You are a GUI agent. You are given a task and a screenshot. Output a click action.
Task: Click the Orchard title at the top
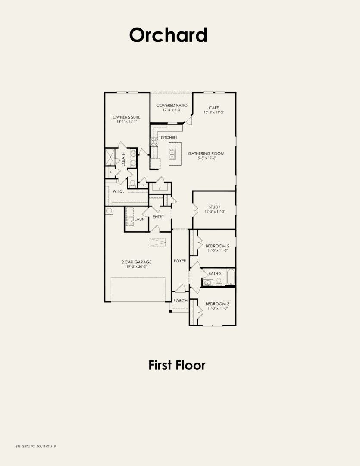click(168, 35)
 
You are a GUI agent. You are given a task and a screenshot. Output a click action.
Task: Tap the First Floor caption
click(177, 365)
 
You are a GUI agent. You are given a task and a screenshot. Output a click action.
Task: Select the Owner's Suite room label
click(125, 117)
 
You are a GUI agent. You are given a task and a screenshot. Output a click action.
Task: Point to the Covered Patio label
click(172, 105)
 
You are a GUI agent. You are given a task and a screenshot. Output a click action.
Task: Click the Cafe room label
click(214, 108)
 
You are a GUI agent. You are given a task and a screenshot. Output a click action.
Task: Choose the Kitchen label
click(169, 137)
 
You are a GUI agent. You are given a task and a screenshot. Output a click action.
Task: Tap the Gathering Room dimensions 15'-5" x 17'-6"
click(206, 158)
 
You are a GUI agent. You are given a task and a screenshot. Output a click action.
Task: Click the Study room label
click(214, 207)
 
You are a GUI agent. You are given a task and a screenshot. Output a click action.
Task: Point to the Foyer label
click(180, 261)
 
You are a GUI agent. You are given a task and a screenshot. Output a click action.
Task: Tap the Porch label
click(180, 300)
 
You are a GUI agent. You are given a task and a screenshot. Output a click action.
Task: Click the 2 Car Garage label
click(136, 262)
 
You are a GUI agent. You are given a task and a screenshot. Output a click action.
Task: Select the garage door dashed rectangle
click(138, 289)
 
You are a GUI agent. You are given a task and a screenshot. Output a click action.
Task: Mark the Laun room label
click(139, 219)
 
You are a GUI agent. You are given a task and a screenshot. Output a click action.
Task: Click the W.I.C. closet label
click(118, 191)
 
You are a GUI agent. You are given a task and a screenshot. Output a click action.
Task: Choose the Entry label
click(158, 216)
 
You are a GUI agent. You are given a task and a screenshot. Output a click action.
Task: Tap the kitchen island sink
click(173, 152)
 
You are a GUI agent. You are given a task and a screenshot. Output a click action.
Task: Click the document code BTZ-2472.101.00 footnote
click(36, 446)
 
